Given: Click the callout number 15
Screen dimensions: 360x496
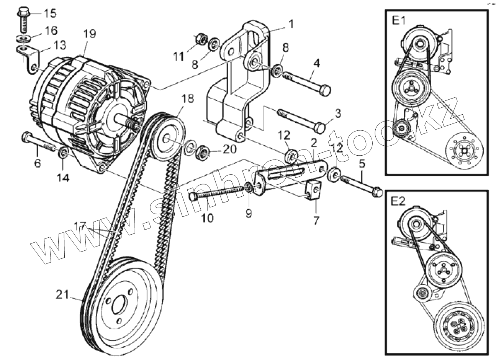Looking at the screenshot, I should tap(49, 13).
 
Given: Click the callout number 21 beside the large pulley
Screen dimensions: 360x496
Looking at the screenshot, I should tap(63, 295).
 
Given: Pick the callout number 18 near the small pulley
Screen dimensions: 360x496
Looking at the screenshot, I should tap(188, 99).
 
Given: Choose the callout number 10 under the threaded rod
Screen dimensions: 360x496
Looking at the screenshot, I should tap(207, 218).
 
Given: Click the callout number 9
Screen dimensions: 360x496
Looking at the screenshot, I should tap(249, 213).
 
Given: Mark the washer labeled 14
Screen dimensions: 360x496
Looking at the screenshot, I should tap(63, 154).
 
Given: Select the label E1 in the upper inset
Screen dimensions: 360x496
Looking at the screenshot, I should tap(399, 20).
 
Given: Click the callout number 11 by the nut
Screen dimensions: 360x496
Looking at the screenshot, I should tap(178, 56).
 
